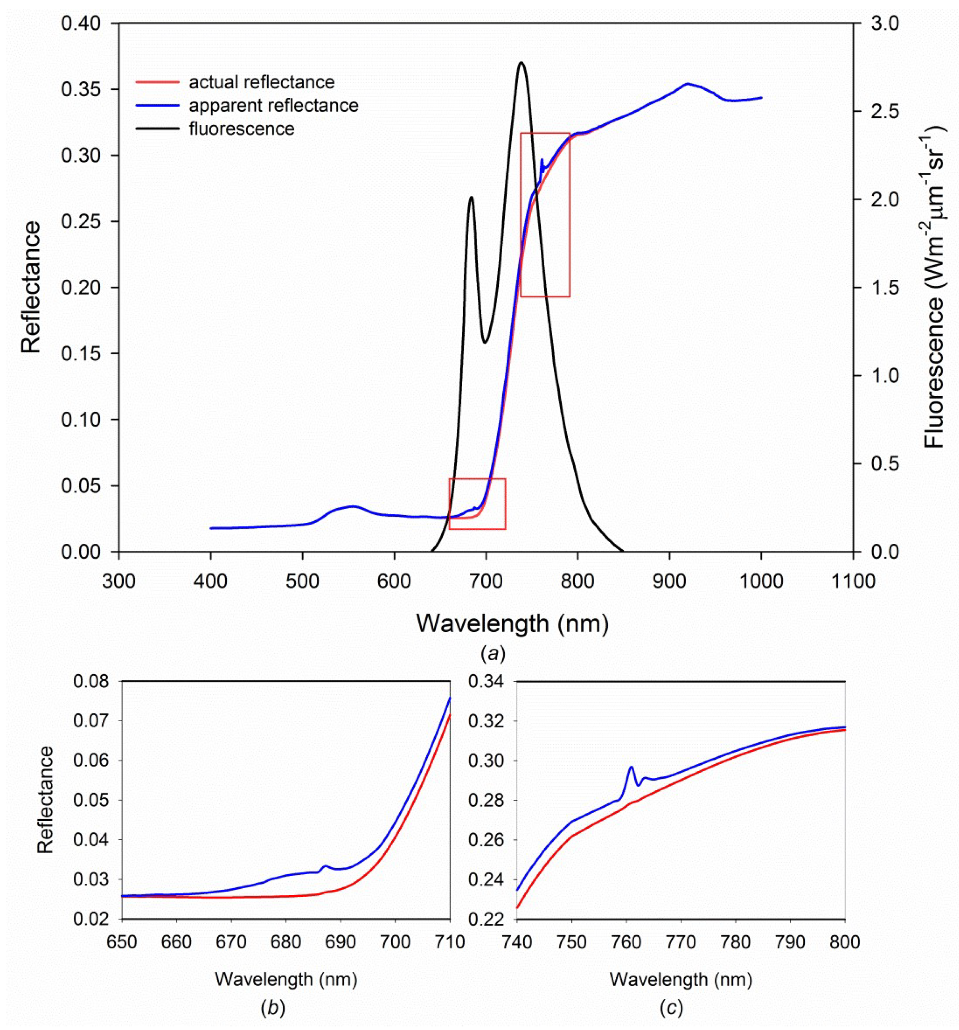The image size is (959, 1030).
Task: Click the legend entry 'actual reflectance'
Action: (x=261, y=82)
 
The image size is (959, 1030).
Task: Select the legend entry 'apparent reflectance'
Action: (x=273, y=106)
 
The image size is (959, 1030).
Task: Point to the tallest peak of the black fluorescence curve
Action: (x=521, y=63)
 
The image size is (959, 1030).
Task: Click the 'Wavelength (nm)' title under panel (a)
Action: (x=512, y=624)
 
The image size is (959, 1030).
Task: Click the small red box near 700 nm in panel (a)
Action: (x=477, y=504)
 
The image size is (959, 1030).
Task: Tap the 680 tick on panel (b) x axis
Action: (x=285, y=941)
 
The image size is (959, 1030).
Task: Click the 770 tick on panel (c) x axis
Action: (x=681, y=941)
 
